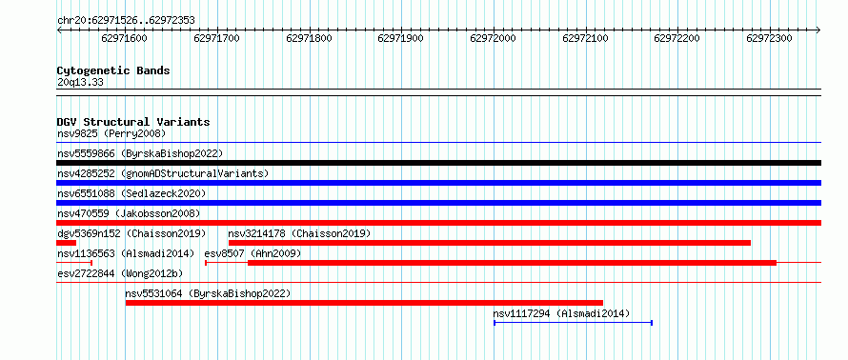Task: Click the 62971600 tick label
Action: [124, 38]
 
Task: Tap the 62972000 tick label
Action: [494, 38]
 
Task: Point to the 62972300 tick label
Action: [769, 38]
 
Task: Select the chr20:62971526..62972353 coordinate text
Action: [126, 21]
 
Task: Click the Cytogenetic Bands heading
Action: [113, 70]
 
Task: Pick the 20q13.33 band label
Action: [80, 83]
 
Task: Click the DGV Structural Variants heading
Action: [133, 122]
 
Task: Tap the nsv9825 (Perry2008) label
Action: [111, 133]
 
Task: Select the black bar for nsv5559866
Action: [438, 163]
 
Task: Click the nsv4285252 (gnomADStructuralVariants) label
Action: [163, 173]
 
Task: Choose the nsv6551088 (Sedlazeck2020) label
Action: [131, 193]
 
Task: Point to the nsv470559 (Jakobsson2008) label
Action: [129, 213]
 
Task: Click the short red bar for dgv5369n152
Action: [66, 243]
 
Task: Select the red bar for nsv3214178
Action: [490, 243]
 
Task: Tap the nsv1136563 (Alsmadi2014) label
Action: [126, 253]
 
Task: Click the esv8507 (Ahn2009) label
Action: [252, 253]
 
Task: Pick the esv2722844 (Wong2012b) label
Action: [120, 273]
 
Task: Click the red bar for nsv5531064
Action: [364, 303]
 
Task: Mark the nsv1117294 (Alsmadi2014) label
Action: [561, 313]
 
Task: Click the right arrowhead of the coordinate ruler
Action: [818, 30]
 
